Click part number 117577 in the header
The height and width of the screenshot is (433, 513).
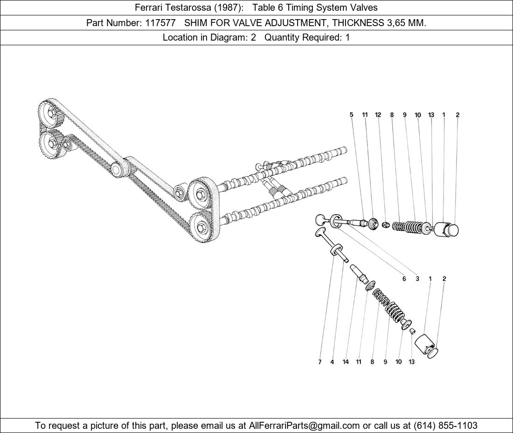pos(160,23)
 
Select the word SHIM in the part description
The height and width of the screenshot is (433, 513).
pos(196,23)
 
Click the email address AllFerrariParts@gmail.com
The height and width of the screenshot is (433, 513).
pos(304,426)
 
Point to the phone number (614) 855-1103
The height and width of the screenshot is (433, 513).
pos(445,426)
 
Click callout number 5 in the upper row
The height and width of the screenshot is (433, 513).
pos(351,115)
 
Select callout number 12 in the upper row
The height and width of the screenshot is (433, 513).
pos(378,115)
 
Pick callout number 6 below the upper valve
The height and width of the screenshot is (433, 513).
pos(404,279)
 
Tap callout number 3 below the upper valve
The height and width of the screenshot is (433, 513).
pos(417,279)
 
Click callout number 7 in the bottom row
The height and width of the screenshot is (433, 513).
pos(319,362)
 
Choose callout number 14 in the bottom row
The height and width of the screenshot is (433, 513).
pos(346,362)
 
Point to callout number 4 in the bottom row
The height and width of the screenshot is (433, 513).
pos(332,362)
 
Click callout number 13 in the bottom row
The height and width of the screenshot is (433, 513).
pos(411,362)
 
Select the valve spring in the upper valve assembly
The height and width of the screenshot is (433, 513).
pos(406,226)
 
